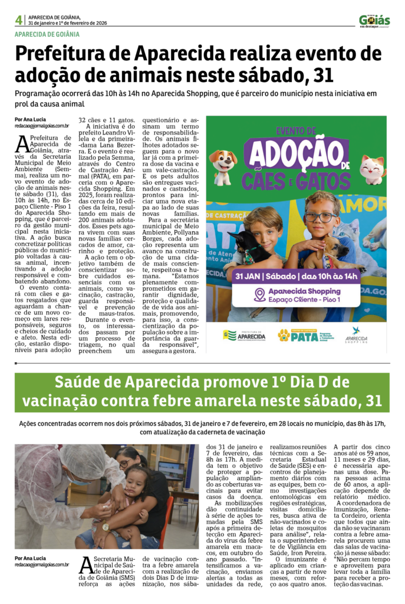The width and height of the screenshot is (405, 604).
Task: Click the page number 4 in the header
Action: (x=19, y=20)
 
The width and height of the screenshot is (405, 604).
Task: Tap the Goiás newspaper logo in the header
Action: (x=374, y=20)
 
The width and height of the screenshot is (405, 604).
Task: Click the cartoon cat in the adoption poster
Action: (x=373, y=169)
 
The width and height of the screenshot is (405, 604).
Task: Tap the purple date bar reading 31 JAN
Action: (x=297, y=275)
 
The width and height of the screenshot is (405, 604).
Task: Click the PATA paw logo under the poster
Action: (x=284, y=336)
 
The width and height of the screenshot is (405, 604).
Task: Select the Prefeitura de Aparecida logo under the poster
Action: (x=243, y=336)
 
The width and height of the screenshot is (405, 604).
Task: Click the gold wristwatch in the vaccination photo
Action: (x=106, y=527)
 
